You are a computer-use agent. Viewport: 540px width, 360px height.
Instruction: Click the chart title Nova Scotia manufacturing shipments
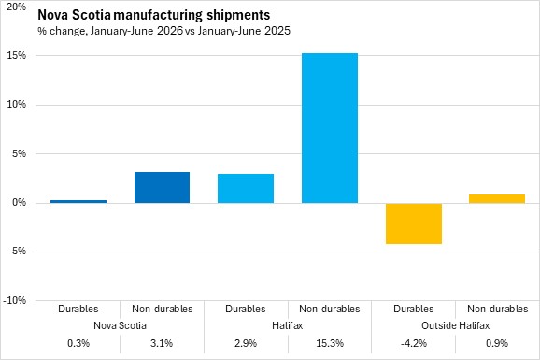(153, 15)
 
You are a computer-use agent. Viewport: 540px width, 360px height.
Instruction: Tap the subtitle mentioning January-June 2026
(163, 31)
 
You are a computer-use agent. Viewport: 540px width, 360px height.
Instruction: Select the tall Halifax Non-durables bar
(330, 128)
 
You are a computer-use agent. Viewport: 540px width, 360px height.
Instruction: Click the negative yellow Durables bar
(414, 223)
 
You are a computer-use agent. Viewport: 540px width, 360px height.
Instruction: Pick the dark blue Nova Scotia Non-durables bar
(162, 187)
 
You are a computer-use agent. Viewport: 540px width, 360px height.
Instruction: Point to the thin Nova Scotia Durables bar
(78, 201)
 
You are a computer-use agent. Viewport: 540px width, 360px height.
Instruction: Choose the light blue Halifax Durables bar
(246, 188)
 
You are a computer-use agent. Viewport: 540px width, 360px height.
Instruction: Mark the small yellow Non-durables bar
(497, 198)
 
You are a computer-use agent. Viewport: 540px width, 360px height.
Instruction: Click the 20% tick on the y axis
(17, 7)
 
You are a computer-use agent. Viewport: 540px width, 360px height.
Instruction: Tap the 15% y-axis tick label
(17, 55)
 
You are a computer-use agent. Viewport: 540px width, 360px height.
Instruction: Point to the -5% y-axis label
(16, 251)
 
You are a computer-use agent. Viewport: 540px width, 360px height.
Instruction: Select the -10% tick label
(14, 300)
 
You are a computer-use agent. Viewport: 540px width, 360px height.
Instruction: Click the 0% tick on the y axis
(19, 202)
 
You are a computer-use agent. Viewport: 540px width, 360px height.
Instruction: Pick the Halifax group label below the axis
(287, 325)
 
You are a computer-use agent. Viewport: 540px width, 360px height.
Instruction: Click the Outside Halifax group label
(455, 325)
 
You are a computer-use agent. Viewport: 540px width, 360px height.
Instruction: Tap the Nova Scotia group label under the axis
(120, 325)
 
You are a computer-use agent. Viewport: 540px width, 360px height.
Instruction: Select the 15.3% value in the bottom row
(330, 343)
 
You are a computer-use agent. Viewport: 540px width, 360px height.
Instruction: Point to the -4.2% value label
(414, 343)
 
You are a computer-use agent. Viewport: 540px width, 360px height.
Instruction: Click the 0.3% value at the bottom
(78, 343)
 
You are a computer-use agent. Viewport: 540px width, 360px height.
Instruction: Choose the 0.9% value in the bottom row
(497, 343)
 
